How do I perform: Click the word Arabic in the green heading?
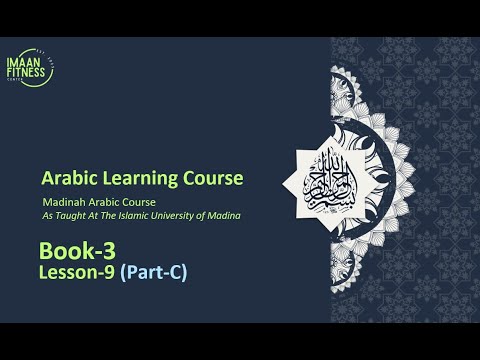pos(66,179)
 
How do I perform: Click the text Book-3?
pos(71,249)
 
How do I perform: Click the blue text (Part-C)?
pos(153,270)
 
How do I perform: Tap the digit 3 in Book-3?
pos(97,249)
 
